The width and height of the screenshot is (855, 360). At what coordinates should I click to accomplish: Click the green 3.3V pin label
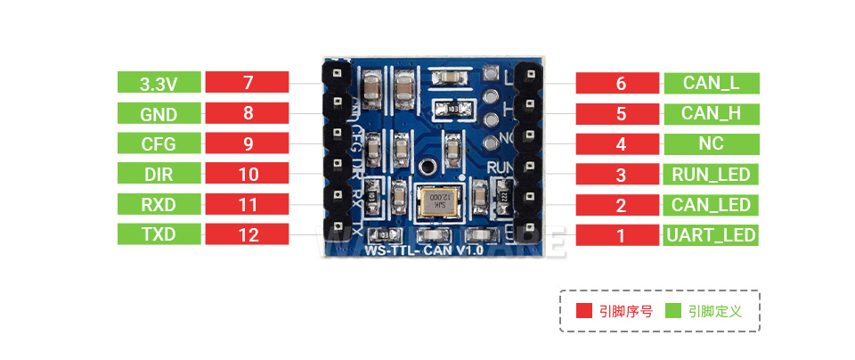159,84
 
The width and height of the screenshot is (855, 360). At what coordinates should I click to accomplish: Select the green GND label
159,114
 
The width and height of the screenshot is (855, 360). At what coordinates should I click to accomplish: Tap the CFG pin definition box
159,144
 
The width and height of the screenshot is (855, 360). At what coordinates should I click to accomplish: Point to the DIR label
159,175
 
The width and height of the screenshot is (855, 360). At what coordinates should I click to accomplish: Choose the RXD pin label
159,205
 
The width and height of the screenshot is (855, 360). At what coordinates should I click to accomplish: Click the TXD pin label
159,235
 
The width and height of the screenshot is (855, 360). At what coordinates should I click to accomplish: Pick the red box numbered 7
248,84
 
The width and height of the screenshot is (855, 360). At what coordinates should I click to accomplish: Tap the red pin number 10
248,175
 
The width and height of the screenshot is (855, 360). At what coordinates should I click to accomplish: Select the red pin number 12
248,235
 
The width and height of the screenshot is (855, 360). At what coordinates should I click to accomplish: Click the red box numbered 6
621,84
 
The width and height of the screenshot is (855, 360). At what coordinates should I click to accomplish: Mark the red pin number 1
621,235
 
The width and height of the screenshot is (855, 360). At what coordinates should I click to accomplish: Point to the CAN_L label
711,84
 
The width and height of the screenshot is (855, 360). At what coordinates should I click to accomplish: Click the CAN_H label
711,114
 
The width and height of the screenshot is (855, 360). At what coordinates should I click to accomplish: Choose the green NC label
711,144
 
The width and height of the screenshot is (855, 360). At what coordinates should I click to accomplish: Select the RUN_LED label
711,175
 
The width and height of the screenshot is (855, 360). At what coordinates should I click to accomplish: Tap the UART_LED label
711,235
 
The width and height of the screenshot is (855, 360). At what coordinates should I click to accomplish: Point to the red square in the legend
584,311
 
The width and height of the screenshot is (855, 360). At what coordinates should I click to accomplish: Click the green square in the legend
672,311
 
